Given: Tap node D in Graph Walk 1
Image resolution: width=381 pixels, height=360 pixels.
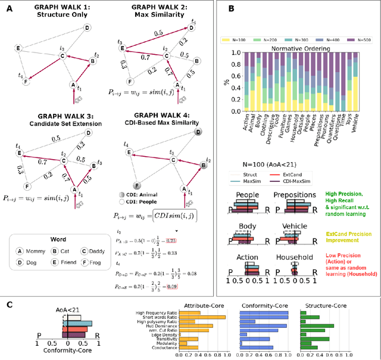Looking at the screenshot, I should point(87,27).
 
